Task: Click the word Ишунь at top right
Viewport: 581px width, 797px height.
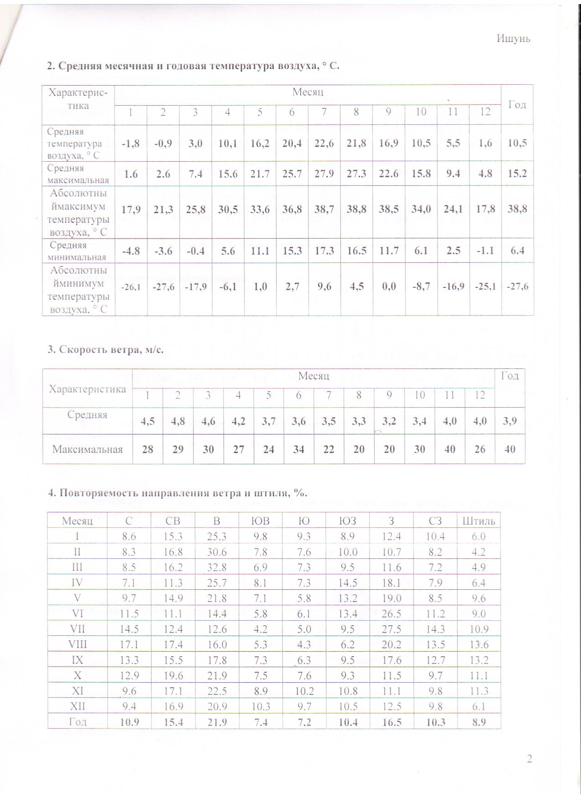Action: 513,39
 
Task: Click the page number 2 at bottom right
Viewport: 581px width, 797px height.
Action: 530,759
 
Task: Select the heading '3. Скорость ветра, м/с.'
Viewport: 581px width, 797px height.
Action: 106,350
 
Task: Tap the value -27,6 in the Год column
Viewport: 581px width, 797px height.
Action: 517,287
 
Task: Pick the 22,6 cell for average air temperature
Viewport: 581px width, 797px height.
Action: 324,143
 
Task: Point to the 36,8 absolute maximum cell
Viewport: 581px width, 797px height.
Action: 292,209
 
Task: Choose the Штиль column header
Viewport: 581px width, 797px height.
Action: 478,521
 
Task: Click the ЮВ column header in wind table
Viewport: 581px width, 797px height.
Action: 261,521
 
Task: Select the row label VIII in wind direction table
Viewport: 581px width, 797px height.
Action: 77,644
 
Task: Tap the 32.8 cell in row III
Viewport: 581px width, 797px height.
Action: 217,567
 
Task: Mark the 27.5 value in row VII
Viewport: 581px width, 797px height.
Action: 391,629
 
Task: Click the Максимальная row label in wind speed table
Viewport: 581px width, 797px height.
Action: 87,450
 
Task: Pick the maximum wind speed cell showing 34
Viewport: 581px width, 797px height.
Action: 298,450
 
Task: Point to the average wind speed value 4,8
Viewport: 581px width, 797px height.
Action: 178,421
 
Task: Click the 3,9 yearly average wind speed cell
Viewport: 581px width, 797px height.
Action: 510,421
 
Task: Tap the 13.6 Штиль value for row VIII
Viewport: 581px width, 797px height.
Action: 478,644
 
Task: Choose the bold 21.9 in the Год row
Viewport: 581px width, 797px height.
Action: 217,721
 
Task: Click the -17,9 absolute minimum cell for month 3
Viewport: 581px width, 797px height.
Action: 195,287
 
